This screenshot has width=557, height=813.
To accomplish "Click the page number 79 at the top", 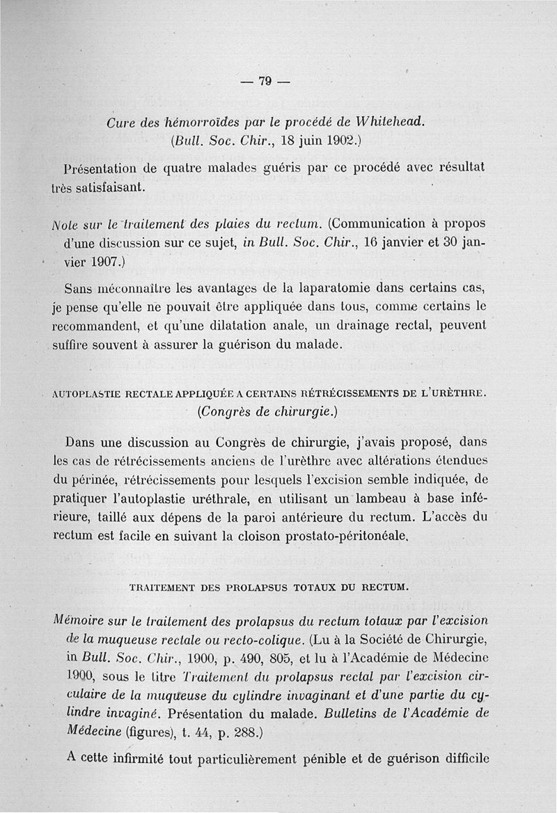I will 264,81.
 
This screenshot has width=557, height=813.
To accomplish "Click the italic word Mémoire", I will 77,619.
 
